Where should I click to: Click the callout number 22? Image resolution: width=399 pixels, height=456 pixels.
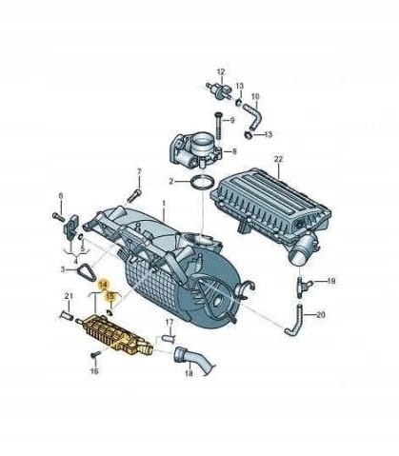[x=278, y=159]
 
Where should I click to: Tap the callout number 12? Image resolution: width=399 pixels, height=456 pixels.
[x=221, y=71]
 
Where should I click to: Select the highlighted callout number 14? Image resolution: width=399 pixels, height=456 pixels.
[x=103, y=285]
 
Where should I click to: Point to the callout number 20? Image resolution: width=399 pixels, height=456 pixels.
[x=321, y=315]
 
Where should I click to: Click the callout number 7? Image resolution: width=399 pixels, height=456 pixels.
[x=139, y=171]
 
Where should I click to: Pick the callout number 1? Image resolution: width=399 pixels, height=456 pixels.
[x=164, y=202]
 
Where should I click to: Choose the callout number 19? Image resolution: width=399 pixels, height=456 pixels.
[x=331, y=281]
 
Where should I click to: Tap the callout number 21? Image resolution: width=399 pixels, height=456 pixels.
[x=69, y=296]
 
